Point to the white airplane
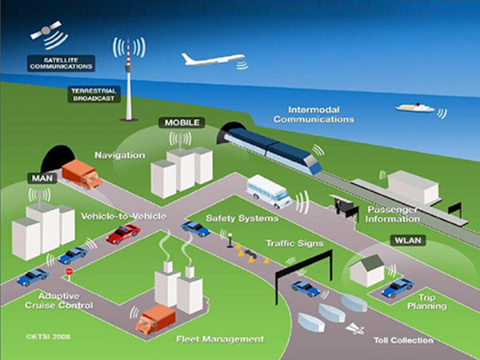(x=210, y=59)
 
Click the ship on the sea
(x=414, y=107)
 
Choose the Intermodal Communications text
(x=314, y=114)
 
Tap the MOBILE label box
(x=182, y=122)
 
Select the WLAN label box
(x=408, y=240)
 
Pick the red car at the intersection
(x=123, y=234)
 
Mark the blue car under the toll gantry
(x=305, y=287)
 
